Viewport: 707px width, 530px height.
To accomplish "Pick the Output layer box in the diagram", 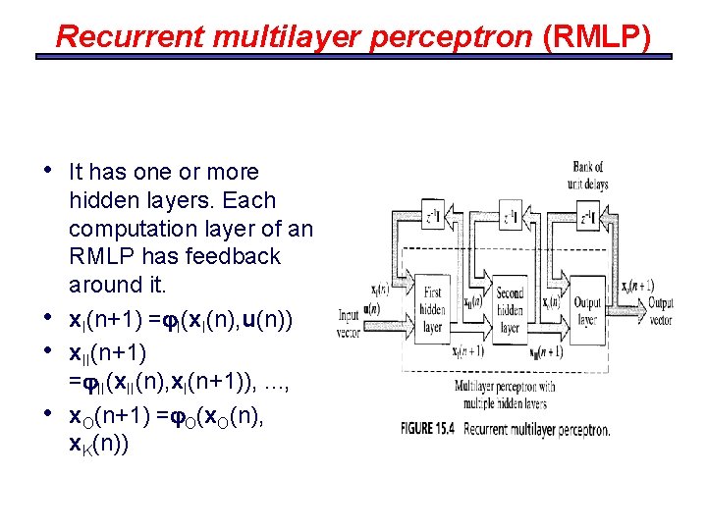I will [x=587, y=305].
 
